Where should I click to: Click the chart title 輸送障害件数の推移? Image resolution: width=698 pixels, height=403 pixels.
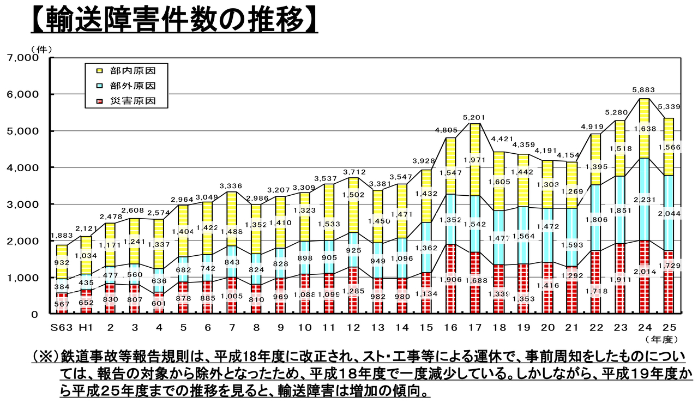(173, 20)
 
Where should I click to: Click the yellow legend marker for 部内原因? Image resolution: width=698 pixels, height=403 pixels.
(100, 70)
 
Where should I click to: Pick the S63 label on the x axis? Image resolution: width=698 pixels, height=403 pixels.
(62, 327)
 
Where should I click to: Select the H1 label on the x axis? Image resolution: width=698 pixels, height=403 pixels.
(86, 327)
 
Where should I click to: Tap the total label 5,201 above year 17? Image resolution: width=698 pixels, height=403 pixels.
(474, 117)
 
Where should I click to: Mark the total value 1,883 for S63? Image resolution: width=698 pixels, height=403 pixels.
(61, 236)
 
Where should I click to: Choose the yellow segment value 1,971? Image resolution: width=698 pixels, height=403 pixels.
(474, 159)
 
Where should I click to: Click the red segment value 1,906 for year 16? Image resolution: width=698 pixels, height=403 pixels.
(450, 280)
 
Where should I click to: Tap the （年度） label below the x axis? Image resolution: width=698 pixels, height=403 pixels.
(661, 339)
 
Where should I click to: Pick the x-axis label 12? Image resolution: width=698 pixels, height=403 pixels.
(353, 327)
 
